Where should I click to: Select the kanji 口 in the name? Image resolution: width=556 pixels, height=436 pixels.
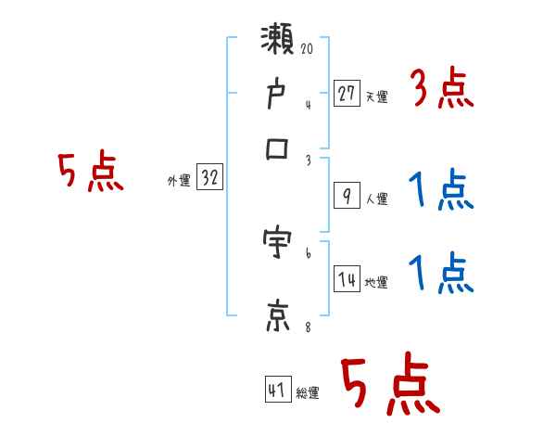(x=278, y=148)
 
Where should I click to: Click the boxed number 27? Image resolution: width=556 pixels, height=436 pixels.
(x=346, y=93)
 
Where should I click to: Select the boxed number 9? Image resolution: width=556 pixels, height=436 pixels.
(x=346, y=196)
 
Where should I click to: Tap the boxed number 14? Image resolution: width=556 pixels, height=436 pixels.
(x=347, y=279)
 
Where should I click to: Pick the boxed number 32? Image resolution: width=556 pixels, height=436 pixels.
(x=209, y=178)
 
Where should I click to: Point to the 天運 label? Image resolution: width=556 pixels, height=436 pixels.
(x=376, y=96)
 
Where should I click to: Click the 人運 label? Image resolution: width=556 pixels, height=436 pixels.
(x=377, y=199)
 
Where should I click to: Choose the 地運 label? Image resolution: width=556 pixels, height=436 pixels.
(x=376, y=283)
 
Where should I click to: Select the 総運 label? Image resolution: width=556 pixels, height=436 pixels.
(x=308, y=393)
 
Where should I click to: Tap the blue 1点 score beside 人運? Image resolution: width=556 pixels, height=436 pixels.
(x=441, y=193)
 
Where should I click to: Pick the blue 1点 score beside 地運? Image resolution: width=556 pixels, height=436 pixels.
(x=441, y=274)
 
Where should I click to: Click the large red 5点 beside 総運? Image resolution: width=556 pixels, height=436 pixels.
(x=389, y=386)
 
